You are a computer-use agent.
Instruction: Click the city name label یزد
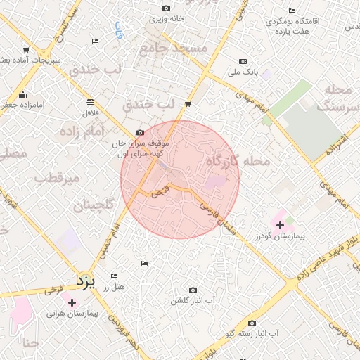click(85, 282)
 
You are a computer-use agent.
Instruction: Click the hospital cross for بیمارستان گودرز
click(281, 225)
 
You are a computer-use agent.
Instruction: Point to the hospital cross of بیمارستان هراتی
click(72, 302)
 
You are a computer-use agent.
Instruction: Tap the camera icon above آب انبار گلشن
click(193, 290)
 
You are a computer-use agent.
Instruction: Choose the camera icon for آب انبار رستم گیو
click(252, 323)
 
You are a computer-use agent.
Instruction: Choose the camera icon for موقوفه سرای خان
click(140, 133)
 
